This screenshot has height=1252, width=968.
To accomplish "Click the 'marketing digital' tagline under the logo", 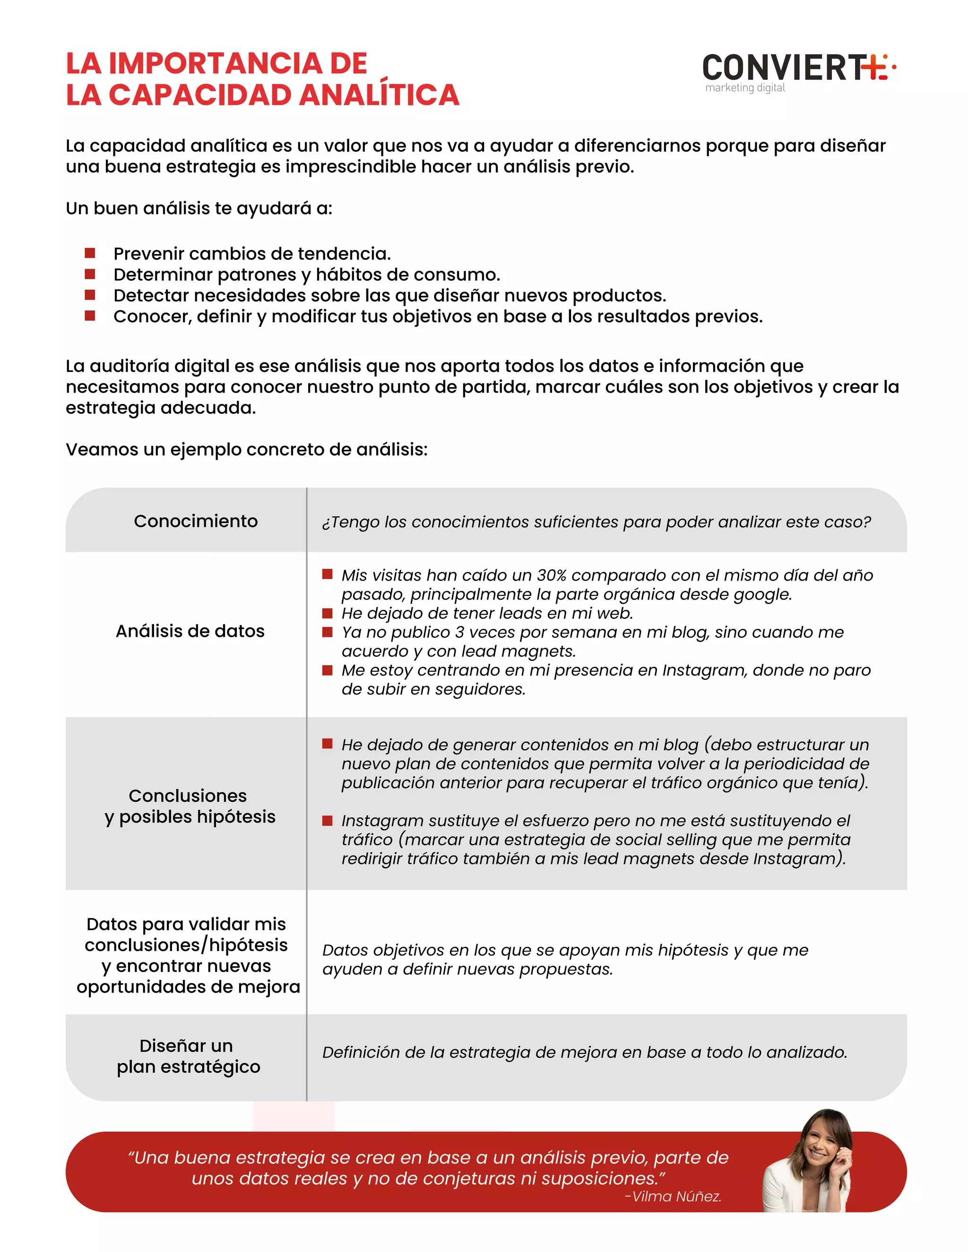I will pyautogui.click(x=744, y=88).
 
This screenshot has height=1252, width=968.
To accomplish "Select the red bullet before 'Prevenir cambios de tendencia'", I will pyautogui.click(x=89, y=253).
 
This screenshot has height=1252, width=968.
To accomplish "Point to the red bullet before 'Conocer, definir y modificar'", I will pyautogui.click(x=89, y=316).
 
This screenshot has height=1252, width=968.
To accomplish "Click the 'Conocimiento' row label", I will pyautogui.click(x=196, y=521).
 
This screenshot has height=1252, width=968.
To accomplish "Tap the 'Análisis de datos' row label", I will pyautogui.click(x=190, y=631).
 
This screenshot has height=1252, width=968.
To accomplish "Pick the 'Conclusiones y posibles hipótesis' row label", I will pyautogui.click(x=189, y=806).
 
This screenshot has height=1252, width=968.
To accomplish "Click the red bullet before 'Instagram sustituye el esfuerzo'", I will pyautogui.click(x=328, y=820).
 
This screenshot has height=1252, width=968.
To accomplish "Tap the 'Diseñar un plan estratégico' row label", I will pyautogui.click(x=188, y=1056).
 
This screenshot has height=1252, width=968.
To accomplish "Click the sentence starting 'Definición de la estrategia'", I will pyautogui.click(x=584, y=1052).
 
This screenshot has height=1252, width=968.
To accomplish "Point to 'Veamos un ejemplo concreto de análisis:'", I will pyautogui.click(x=247, y=449).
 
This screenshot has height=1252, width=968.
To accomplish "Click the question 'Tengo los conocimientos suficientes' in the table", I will pyautogui.click(x=596, y=522).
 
